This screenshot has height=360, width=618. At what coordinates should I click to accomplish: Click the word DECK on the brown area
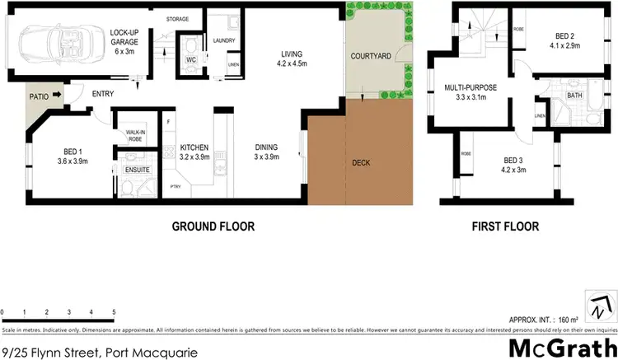(362, 162)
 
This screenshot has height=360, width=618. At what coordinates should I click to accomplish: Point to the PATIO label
(39, 96)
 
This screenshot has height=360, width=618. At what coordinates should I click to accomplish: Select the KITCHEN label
(195, 147)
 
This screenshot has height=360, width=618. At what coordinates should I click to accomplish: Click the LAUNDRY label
(224, 40)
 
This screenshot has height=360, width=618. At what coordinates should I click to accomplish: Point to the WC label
(190, 59)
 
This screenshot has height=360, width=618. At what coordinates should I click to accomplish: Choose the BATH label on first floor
(574, 96)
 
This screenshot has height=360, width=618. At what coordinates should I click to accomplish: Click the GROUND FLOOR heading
(213, 226)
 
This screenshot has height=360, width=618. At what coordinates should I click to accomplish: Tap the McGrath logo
(562, 346)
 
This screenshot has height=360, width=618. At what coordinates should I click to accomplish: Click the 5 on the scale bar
(114, 312)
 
